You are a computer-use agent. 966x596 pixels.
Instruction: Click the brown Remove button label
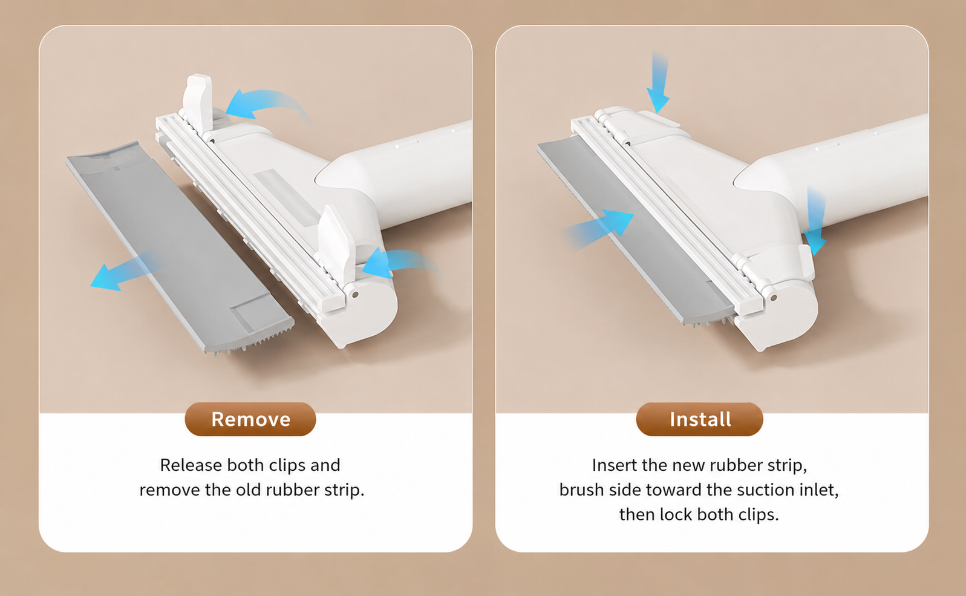pyautogui.click(x=250, y=419)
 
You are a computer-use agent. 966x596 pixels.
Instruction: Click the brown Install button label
pyautogui.click(x=699, y=419)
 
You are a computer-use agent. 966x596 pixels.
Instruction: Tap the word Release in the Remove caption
pyautogui.click(x=191, y=465)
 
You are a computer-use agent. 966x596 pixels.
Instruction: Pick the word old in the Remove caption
pyautogui.click(x=249, y=490)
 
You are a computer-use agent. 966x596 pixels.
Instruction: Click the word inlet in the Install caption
pyautogui.click(x=818, y=490)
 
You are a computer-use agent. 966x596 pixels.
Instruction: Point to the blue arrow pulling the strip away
pyautogui.click(x=125, y=271)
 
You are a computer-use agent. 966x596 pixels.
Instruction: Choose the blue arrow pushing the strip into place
pyautogui.click(x=599, y=229)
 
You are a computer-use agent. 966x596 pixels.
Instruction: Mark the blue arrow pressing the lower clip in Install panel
pyautogui.click(x=815, y=220)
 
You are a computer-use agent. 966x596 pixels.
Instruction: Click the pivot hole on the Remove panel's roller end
pyautogui.click(x=355, y=295)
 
